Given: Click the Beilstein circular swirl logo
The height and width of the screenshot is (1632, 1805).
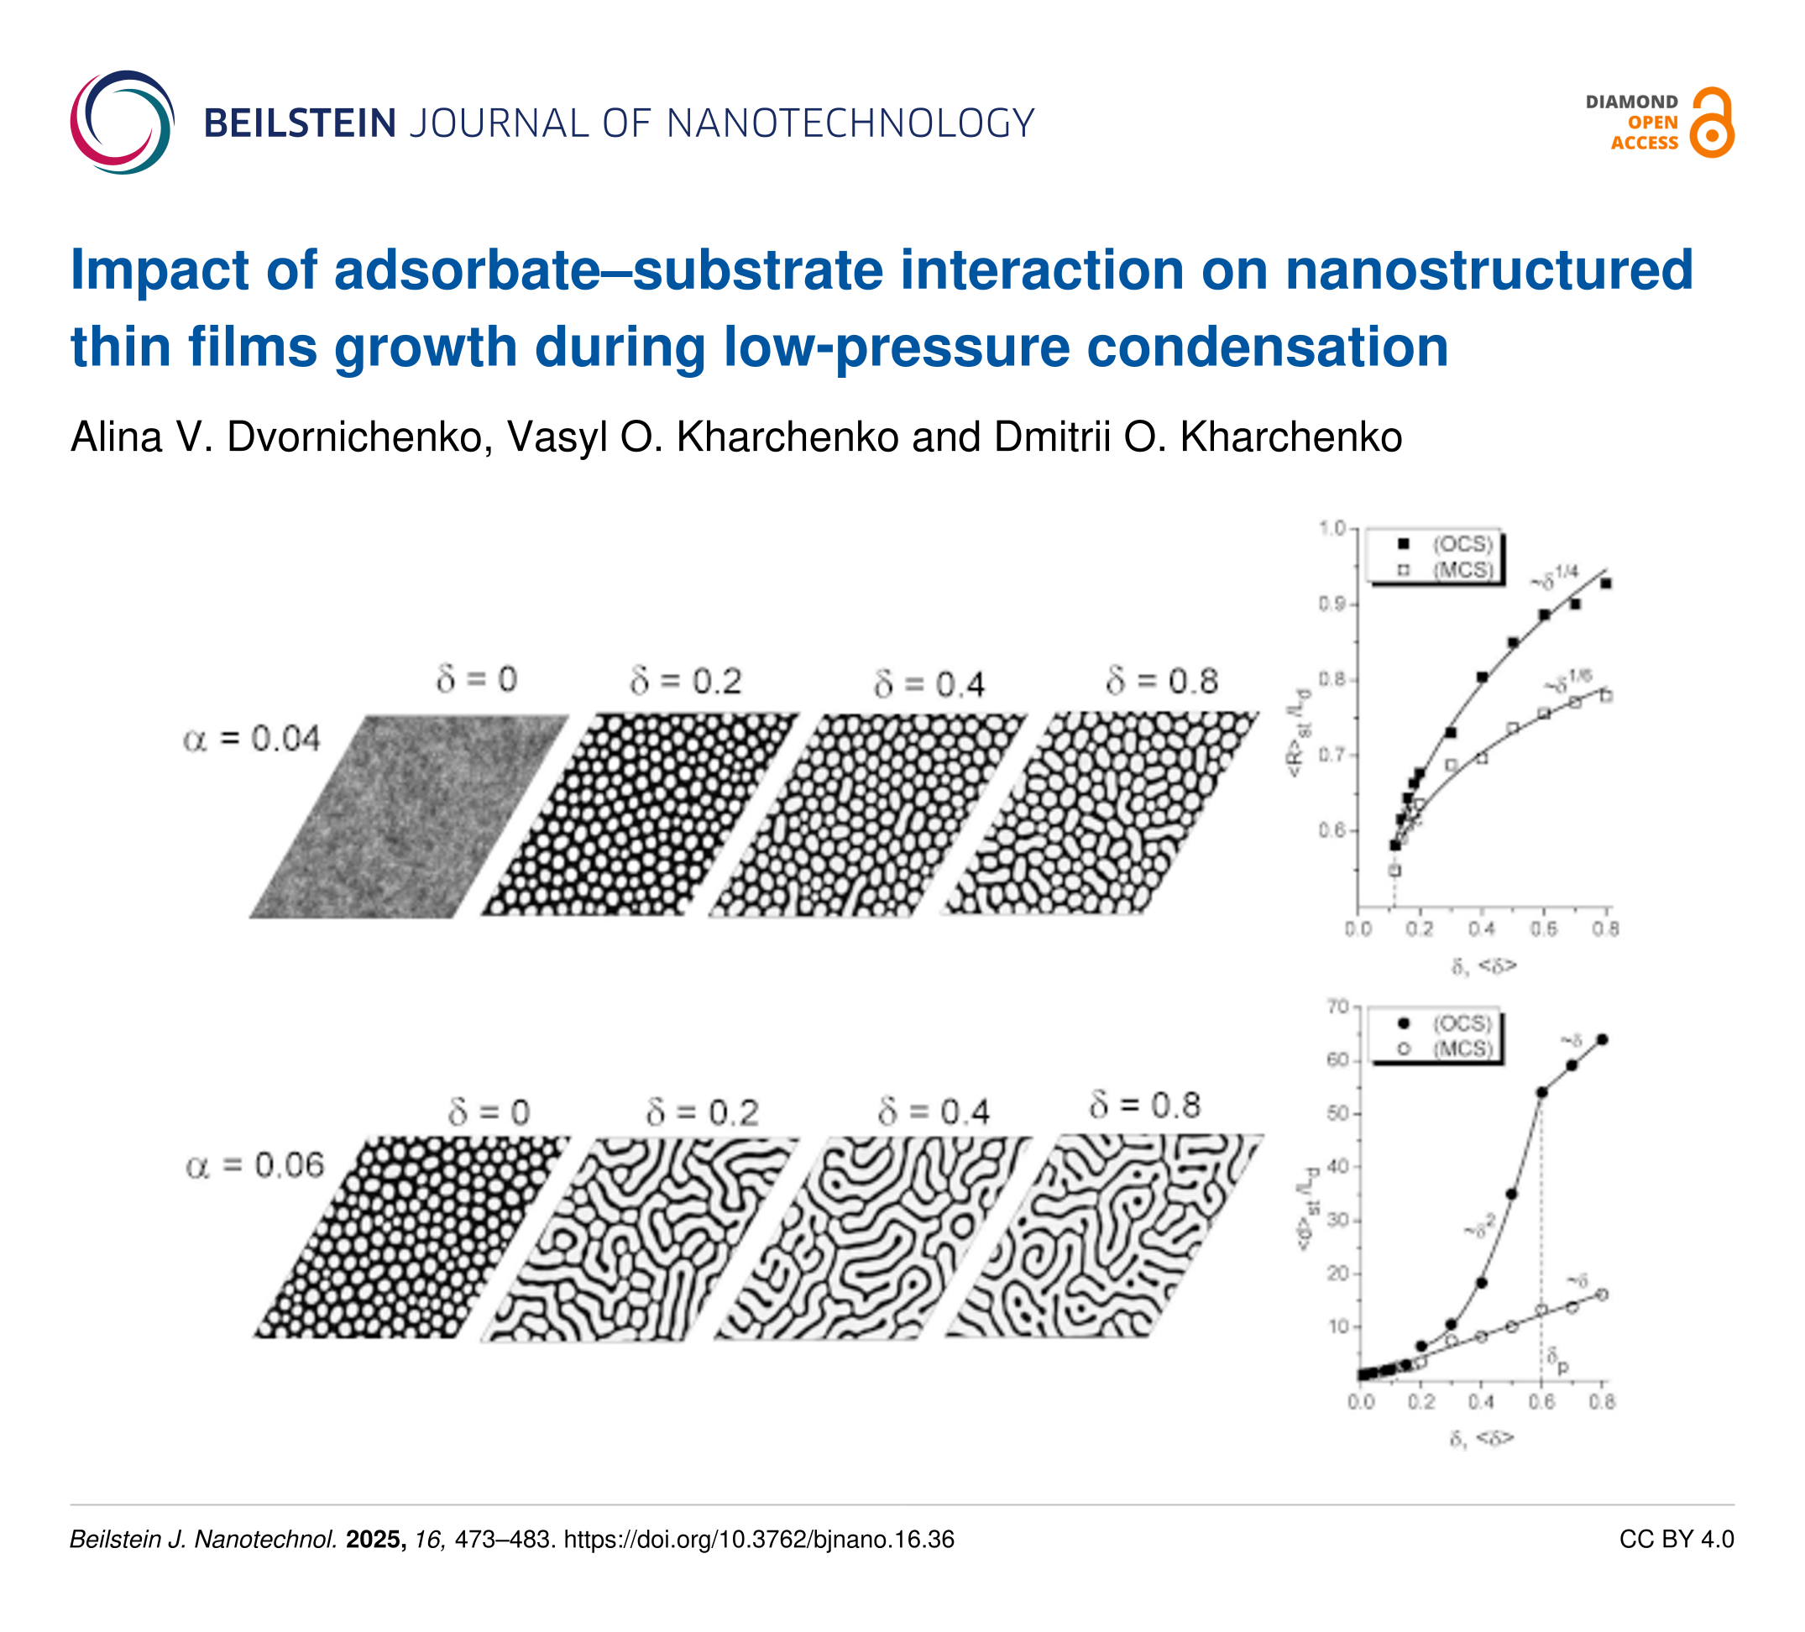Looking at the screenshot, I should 122,123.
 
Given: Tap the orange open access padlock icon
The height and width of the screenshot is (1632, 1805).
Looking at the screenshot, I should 1711,123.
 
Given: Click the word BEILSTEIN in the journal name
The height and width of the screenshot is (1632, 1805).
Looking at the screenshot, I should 300,123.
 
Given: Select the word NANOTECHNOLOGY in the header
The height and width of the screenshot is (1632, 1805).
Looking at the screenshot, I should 850,123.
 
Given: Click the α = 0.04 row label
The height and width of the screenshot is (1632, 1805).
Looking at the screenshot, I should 252,740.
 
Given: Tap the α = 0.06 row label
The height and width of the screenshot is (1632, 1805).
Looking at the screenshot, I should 254,1165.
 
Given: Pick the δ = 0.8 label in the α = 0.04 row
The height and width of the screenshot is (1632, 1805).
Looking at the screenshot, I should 1162,683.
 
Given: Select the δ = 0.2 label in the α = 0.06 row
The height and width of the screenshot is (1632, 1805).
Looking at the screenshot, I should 702,1113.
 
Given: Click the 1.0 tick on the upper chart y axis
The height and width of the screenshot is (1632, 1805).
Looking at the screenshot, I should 1333,528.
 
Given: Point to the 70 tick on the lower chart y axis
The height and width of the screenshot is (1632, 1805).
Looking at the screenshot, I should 1337,1007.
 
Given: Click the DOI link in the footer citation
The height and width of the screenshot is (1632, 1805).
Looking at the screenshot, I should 758,1539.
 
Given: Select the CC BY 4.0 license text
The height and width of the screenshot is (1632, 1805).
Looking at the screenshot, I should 1676,1539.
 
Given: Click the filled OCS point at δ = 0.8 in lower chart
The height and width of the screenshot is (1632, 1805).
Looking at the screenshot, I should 1602,1039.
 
